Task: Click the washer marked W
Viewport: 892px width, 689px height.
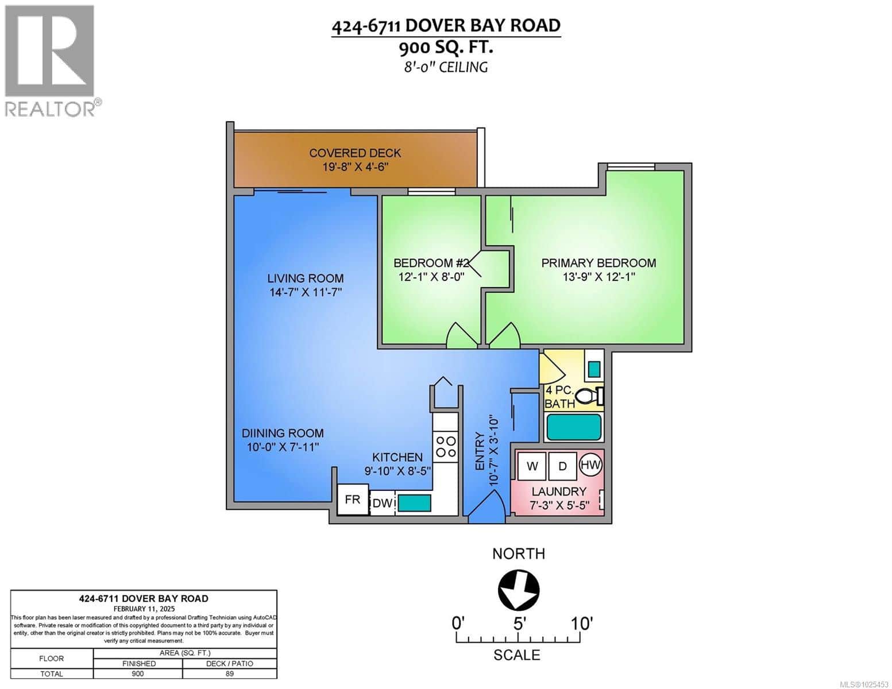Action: pyautogui.click(x=532, y=466)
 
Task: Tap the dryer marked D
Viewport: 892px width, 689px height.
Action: pyautogui.click(x=562, y=466)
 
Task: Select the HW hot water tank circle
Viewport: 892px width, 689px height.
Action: pyautogui.click(x=590, y=465)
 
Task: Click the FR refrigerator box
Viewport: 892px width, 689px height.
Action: pyautogui.click(x=352, y=500)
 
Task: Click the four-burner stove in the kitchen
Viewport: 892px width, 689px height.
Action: pyautogui.click(x=445, y=447)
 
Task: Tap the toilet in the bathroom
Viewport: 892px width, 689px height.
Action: pyautogui.click(x=588, y=396)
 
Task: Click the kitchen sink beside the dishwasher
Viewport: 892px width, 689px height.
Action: pyautogui.click(x=415, y=504)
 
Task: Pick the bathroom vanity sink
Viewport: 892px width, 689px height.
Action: pyautogui.click(x=594, y=367)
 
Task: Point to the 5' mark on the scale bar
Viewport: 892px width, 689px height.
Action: pyautogui.click(x=519, y=623)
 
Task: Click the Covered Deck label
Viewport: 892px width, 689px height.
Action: pyautogui.click(x=355, y=153)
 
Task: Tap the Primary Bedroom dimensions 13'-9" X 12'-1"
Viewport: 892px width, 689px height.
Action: pyautogui.click(x=598, y=277)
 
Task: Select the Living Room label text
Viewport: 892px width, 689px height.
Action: pyautogui.click(x=305, y=278)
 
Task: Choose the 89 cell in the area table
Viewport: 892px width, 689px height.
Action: pyautogui.click(x=229, y=673)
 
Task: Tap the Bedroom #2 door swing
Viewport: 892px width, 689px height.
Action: pyautogui.click(x=462, y=335)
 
